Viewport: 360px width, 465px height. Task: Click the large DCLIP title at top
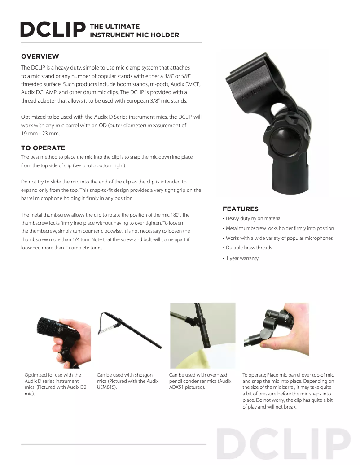tap(53, 30)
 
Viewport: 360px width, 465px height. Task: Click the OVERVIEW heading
tap(40, 56)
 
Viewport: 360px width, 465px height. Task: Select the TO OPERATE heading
tap(43, 148)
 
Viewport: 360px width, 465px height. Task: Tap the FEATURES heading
tap(240, 209)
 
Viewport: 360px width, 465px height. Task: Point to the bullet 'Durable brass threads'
tap(249, 248)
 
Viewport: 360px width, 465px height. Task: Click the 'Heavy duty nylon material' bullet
tap(254, 219)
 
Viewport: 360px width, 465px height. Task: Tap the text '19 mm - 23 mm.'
tap(40, 134)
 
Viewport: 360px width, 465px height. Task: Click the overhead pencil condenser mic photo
tap(202, 335)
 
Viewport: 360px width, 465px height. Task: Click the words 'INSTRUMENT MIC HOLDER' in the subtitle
tap(135, 35)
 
